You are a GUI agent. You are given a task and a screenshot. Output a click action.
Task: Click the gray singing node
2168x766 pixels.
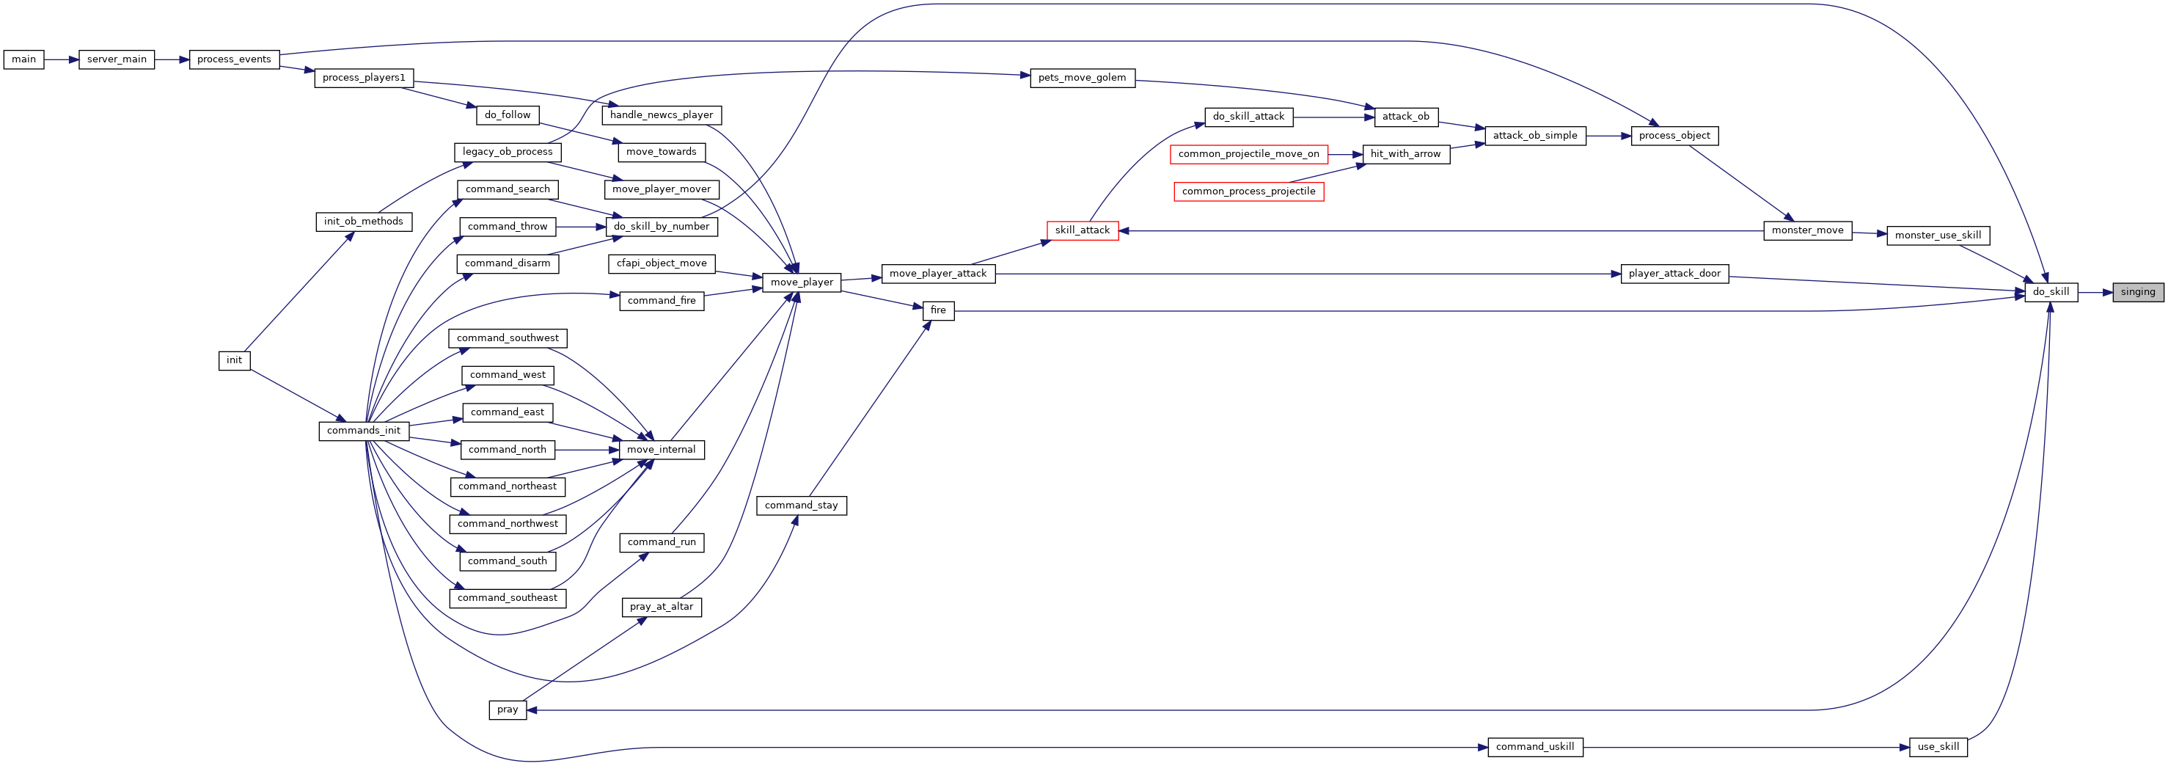tap(2138, 292)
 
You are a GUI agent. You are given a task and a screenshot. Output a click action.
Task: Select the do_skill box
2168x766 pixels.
tap(2051, 292)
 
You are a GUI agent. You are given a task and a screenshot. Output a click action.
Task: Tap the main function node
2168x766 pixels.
tap(23, 59)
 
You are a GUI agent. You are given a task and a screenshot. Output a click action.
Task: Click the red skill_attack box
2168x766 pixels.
tap(1083, 230)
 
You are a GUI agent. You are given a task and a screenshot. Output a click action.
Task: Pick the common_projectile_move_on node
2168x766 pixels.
tap(1249, 154)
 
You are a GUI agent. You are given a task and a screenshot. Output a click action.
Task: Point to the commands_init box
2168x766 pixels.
tap(364, 431)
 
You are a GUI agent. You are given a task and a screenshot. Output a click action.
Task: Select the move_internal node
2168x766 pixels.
tap(662, 450)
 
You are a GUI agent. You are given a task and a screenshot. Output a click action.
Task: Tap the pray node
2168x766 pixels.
tap(508, 710)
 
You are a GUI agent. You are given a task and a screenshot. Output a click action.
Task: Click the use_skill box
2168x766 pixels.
tap(1938, 747)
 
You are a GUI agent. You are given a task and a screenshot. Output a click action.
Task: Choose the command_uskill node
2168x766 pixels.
tap(1535, 747)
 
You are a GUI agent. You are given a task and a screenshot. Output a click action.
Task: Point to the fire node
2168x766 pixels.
tap(938, 310)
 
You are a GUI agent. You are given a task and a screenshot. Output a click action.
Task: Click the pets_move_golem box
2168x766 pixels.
tap(1083, 79)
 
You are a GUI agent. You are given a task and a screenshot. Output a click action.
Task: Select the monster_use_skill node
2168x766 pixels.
tap(1938, 236)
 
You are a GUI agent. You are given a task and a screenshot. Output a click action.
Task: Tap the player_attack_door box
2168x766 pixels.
tap(1675, 274)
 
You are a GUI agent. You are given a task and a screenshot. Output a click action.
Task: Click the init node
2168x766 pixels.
tap(234, 360)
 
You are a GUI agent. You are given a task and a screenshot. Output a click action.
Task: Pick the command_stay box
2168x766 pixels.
tap(801, 506)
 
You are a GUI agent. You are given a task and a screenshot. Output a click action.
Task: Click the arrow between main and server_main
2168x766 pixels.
tap(62, 59)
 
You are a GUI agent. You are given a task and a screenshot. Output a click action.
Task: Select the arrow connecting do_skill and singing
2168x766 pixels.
tap(2095, 292)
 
